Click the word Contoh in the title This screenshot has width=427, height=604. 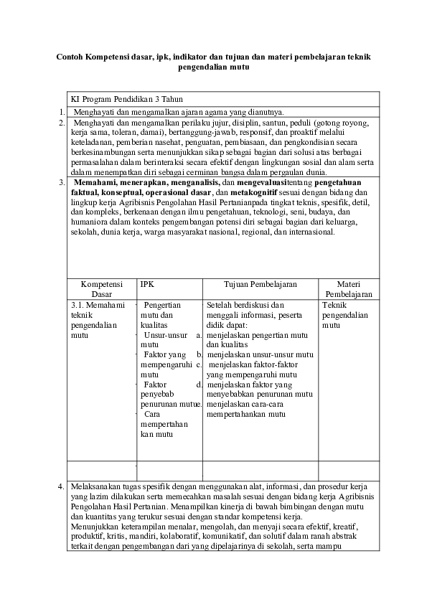pyautogui.click(x=70, y=56)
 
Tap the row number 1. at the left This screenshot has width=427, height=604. pyautogui.click(x=60, y=111)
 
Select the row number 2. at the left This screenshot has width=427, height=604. pyautogui.click(x=60, y=123)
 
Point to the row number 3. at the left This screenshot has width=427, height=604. pyautogui.click(x=60, y=183)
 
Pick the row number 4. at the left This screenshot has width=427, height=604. pyautogui.click(x=60, y=487)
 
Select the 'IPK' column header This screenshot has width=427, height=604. pyautogui.click(x=147, y=284)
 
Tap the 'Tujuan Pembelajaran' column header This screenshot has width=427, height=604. pyautogui.click(x=260, y=284)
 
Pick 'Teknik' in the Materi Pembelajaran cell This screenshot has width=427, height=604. pyautogui.click(x=334, y=305)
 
